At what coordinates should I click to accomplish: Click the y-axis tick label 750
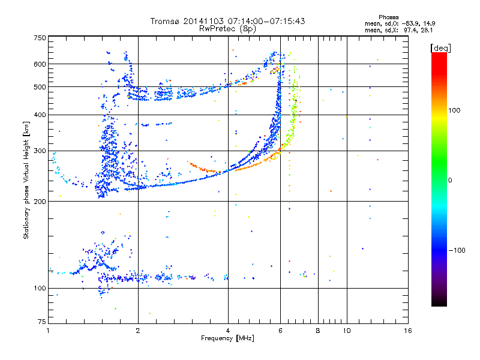[40, 38]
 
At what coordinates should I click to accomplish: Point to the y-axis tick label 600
[40, 64]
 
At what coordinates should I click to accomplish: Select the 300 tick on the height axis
[40, 151]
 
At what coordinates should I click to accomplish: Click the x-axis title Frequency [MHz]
[227, 339]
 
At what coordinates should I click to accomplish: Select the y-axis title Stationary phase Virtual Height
[26, 180]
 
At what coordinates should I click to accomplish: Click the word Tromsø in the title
[166, 21]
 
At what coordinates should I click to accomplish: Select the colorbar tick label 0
[450, 180]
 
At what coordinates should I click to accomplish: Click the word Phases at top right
[389, 17]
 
